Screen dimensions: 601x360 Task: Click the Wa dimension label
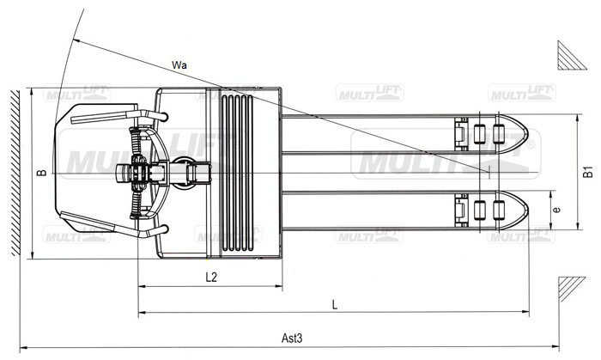click(179, 64)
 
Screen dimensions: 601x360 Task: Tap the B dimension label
click(41, 173)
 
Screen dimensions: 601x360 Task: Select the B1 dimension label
click(587, 172)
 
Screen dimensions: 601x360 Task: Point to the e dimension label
click(557, 210)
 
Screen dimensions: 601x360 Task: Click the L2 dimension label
click(211, 277)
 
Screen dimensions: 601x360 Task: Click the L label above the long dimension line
click(335, 305)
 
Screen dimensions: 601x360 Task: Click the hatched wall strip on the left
click(15, 173)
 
